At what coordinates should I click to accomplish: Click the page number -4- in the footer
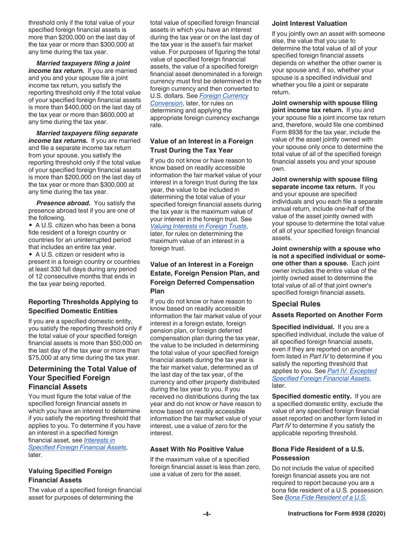pyautogui.click(x=207, y=514)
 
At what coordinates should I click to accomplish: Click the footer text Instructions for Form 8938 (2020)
pyautogui.click(x=336, y=514)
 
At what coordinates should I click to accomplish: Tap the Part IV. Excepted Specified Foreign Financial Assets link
pyautogui.click(x=324, y=375)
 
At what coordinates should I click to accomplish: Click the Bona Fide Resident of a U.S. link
pyautogui.click(x=326, y=497)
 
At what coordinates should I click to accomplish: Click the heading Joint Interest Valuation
pyautogui.click(x=309, y=24)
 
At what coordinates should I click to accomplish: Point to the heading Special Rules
pyautogui.click(x=296, y=304)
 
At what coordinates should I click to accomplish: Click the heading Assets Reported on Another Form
pyautogui.click(x=327, y=315)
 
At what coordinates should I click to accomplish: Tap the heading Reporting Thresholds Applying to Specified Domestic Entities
pyautogui.click(x=83, y=306)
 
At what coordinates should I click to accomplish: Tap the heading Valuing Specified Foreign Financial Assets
pyautogui.click(x=70, y=475)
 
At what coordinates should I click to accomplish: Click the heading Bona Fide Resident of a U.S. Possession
pyautogui.click(x=318, y=453)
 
